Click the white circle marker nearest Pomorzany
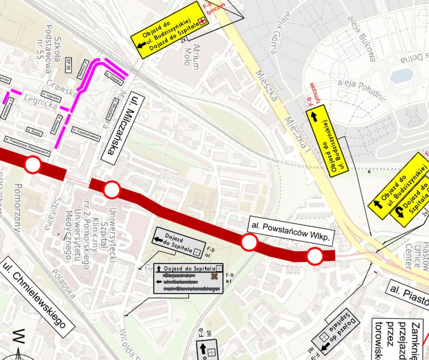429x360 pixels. pyautogui.click(x=33, y=165)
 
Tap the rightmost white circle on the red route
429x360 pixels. pyautogui.click(x=315, y=257)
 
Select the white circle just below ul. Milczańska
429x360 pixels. pyautogui.click(x=112, y=190)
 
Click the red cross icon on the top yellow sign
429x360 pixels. pyautogui.click(x=203, y=21)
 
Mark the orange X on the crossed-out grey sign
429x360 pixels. pyautogui.click(x=214, y=276)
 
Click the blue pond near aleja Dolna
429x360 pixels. pyautogui.click(x=401, y=76)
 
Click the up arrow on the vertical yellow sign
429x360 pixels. pyautogui.click(x=314, y=117)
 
